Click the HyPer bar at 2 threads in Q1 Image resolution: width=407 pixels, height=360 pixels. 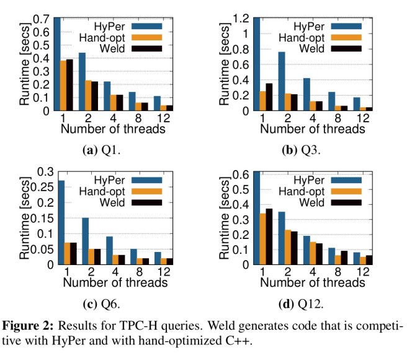82,82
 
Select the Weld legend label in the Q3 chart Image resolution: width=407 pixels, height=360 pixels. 315,48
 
